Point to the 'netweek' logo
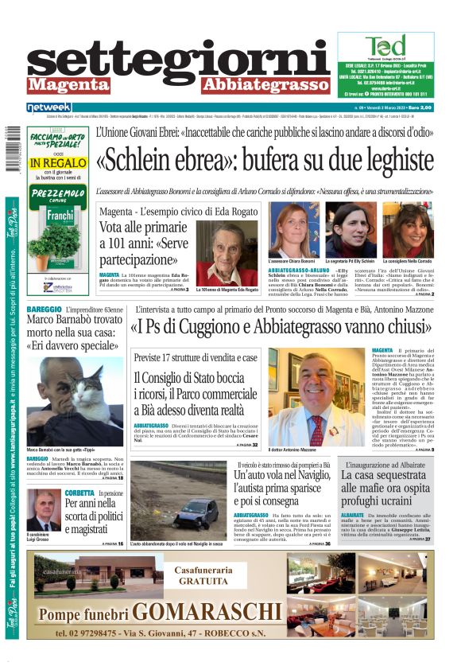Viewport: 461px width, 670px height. pyautogui.click(x=49, y=107)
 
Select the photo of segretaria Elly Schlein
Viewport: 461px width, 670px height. pyautogui.click(x=351, y=230)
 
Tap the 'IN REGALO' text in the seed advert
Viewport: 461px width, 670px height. pyautogui.click(x=56, y=162)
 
